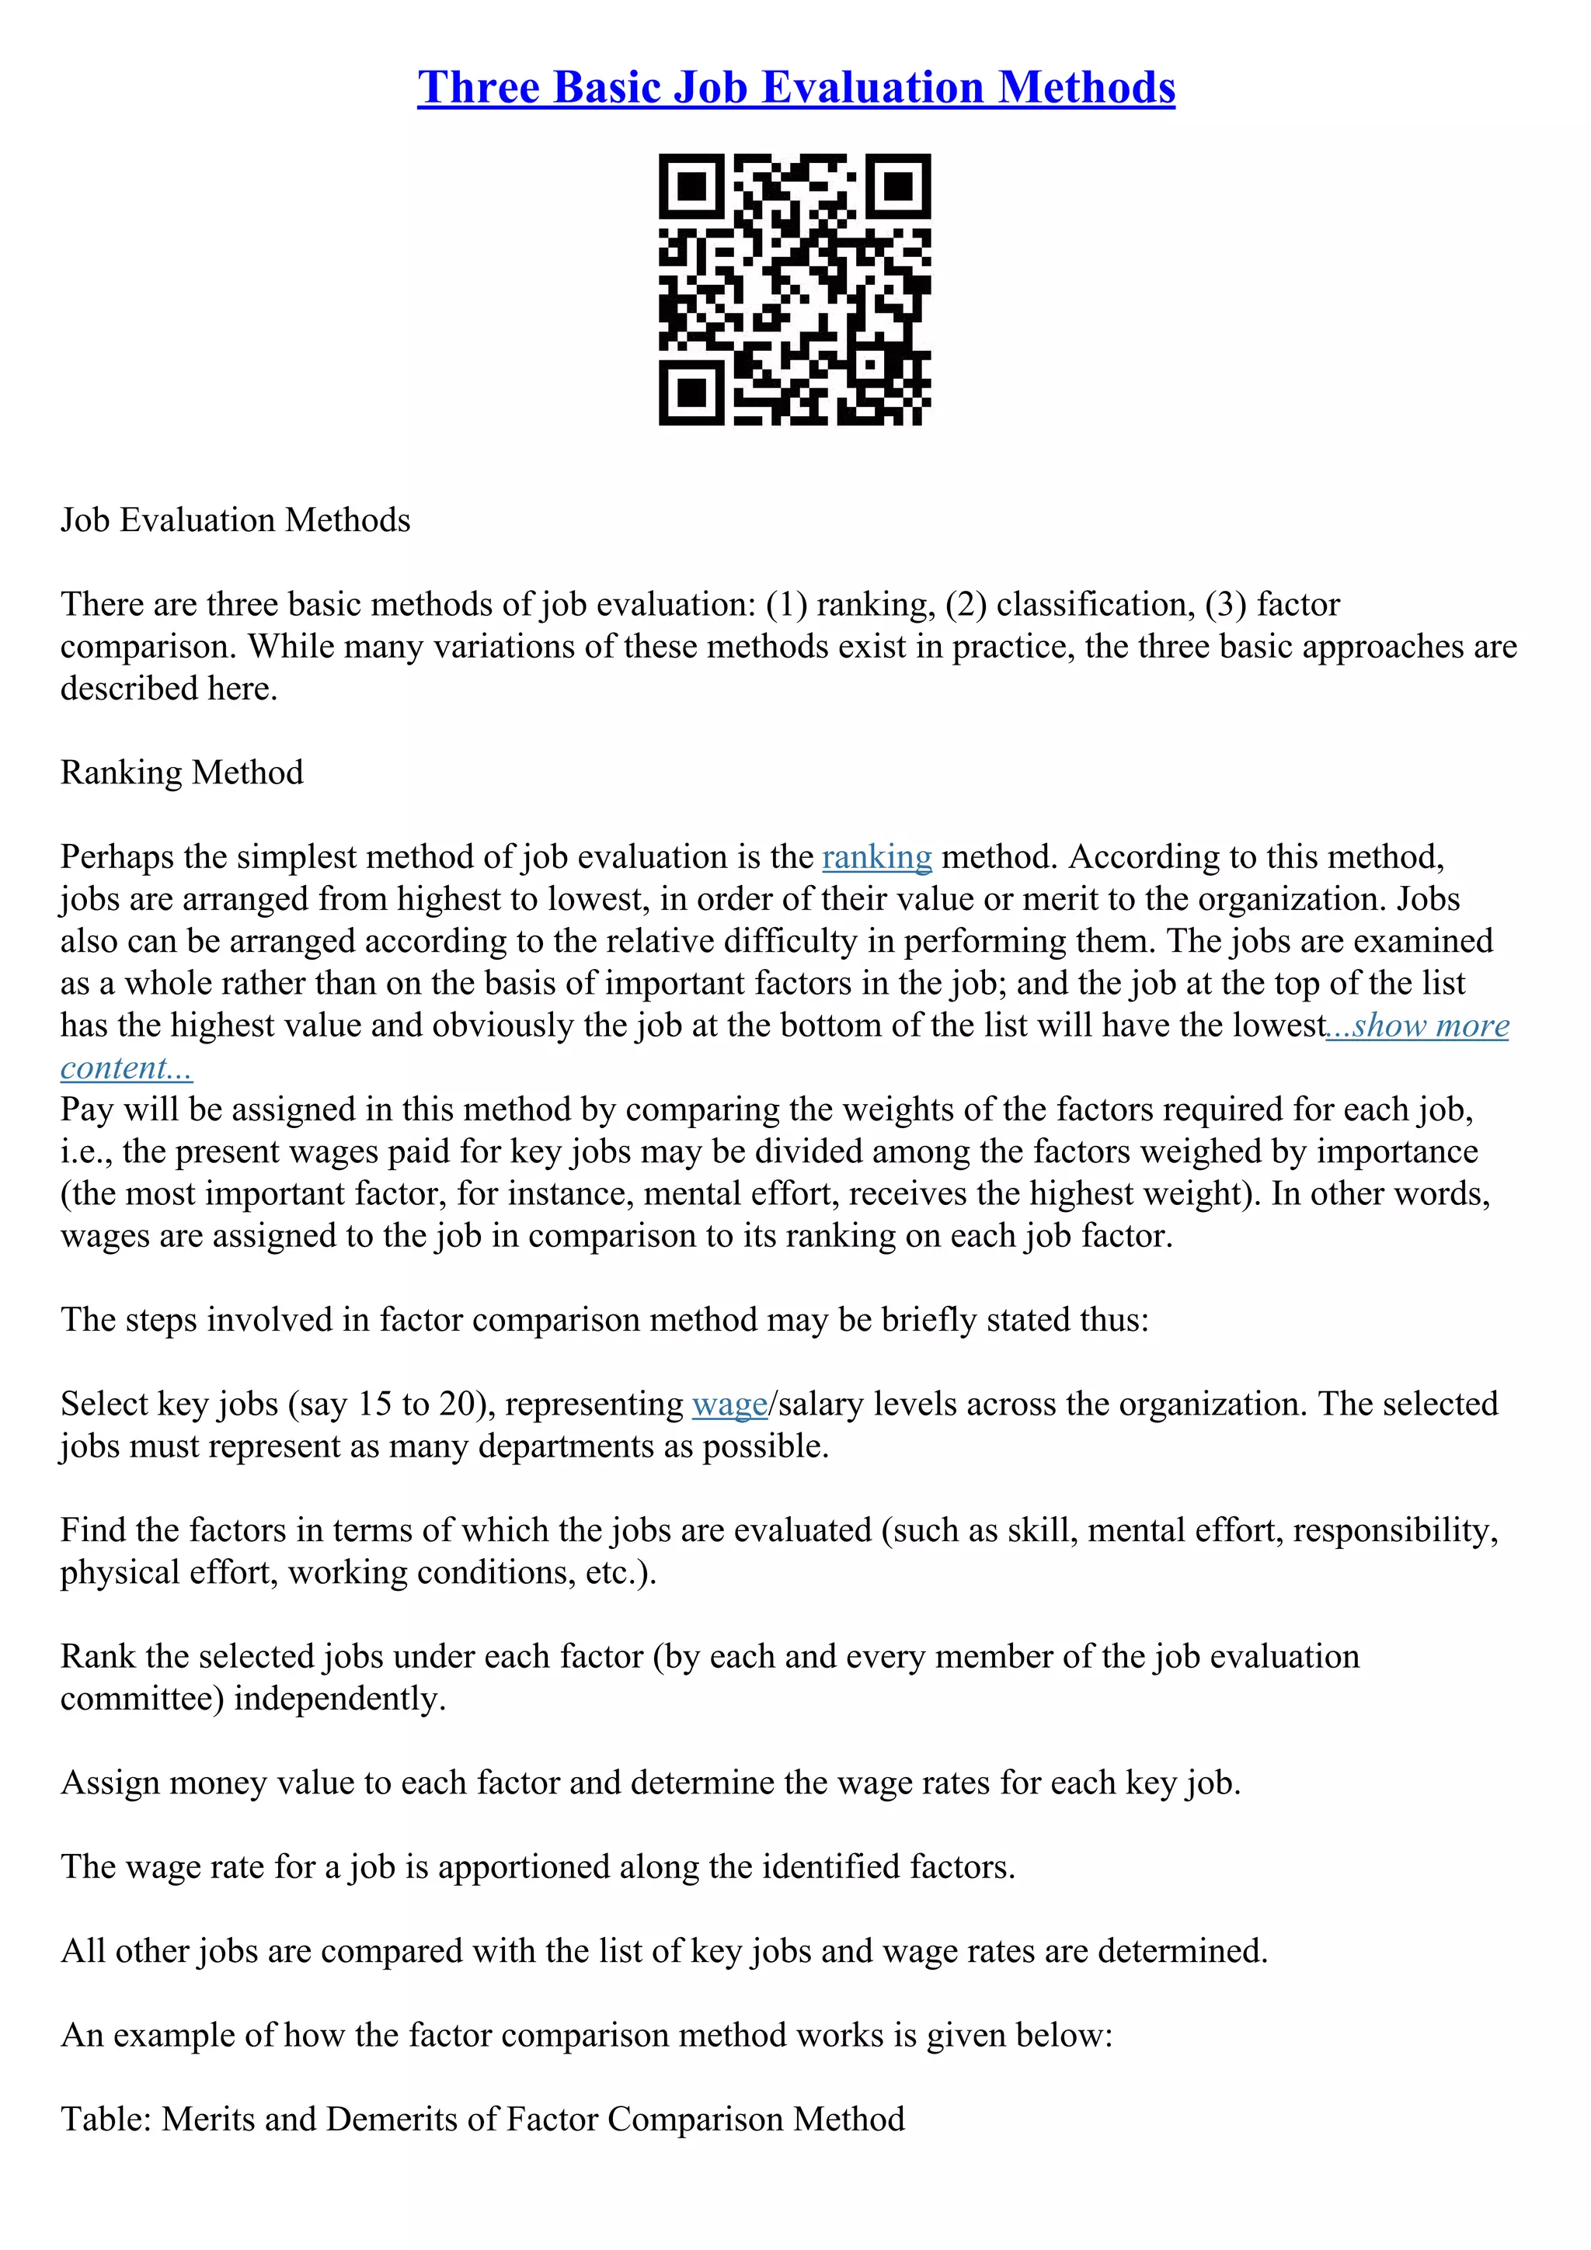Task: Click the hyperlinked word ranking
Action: pos(876,856)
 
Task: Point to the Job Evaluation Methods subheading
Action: pos(235,519)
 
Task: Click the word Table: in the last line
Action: pos(105,2119)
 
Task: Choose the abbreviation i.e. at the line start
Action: pos(85,1151)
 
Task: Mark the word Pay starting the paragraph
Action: pos(87,1109)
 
